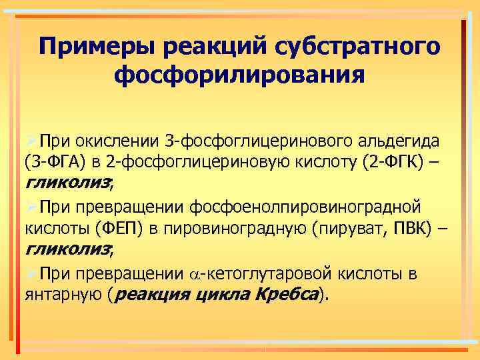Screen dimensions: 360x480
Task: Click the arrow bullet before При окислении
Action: pos(30,141)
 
